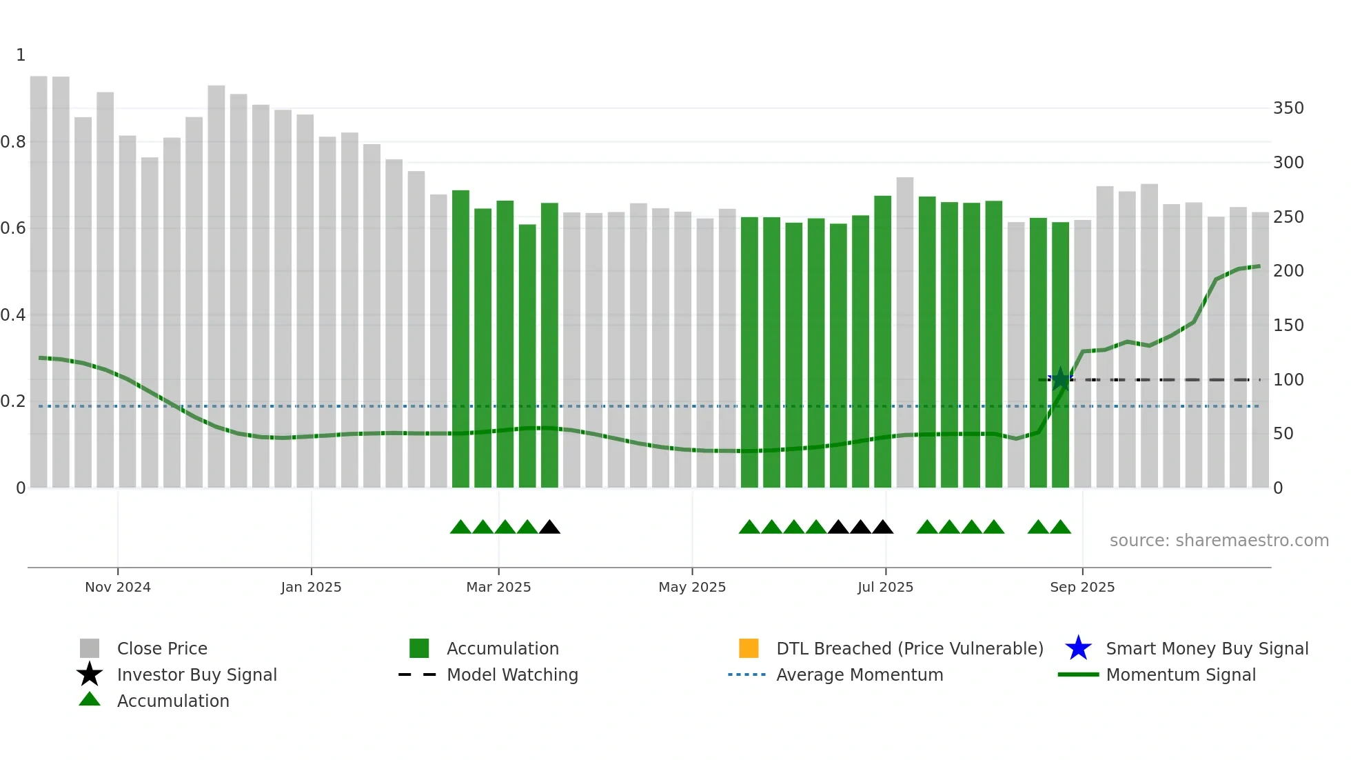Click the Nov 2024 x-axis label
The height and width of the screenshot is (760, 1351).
117,587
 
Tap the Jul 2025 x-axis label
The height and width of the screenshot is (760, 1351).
885,587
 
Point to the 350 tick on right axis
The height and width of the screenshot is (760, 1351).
1288,108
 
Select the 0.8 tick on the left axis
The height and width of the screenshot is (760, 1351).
13,142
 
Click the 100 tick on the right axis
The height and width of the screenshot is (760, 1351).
1288,380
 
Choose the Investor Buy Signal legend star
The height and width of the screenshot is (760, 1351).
90,674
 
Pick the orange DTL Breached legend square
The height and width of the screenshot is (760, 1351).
749,648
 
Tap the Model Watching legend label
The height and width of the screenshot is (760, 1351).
512,674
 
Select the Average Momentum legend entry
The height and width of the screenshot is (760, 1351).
859,674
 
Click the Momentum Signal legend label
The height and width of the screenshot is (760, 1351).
1180,674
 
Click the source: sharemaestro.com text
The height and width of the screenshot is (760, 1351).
1219,541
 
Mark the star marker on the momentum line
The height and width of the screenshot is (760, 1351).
1060,379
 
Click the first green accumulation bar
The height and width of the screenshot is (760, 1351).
460,338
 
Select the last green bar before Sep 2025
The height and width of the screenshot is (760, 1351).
1060,355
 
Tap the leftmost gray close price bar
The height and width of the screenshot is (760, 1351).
39,283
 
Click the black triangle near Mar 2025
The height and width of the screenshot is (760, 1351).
549,528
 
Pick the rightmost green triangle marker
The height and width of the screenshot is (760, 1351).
1060,528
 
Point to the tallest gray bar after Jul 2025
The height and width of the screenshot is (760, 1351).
904,331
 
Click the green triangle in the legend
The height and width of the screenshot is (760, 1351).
90,699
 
